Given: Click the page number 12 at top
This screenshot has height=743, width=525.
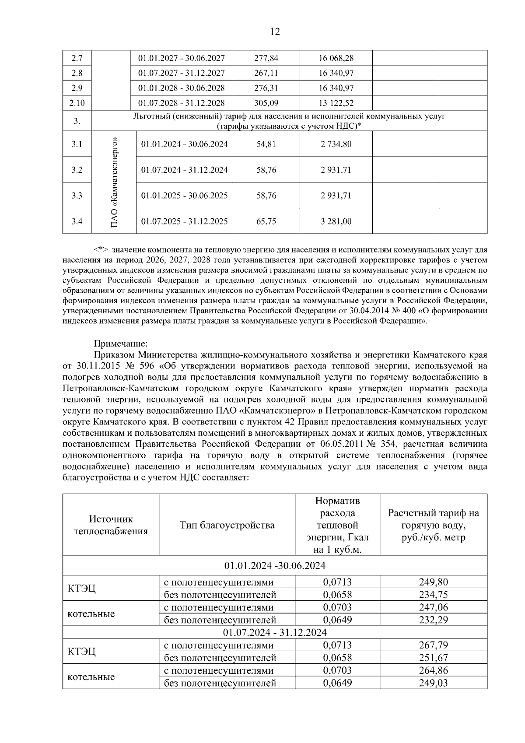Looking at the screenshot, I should (x=275, y=32).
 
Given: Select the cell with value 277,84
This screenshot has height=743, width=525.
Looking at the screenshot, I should (x=266, y=58).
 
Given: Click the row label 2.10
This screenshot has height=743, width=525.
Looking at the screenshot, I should (x=77, y=103).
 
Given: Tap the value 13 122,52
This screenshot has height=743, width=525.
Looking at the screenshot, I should (x=336, y=103).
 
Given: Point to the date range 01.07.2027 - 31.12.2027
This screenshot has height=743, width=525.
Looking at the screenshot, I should (x=182, y=73).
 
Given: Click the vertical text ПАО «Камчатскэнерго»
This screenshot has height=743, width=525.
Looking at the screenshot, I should (x=114, y=183).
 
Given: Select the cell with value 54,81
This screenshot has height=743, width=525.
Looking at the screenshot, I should (x=266, y=144).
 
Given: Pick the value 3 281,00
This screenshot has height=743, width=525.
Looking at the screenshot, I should (x=336, y=221).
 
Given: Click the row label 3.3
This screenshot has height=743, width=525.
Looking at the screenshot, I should (x=77, y=196).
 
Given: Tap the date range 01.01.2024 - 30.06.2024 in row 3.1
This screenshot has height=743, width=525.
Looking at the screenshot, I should (x=184, y=144).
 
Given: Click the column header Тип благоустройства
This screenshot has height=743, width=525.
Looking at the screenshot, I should (x=227, y=525).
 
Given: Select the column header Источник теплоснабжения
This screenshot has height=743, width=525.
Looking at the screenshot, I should (x=111, y=525).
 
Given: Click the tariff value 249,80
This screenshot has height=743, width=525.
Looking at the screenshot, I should (x=433, y=582).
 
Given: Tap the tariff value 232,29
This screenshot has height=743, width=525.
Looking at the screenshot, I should (x=433, y=620).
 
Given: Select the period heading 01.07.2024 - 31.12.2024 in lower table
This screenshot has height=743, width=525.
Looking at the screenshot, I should (x=275, y=632).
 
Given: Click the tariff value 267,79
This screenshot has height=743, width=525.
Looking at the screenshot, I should (x=433, y=645).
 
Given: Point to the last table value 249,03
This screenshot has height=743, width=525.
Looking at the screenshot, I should (x=433, y=683).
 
